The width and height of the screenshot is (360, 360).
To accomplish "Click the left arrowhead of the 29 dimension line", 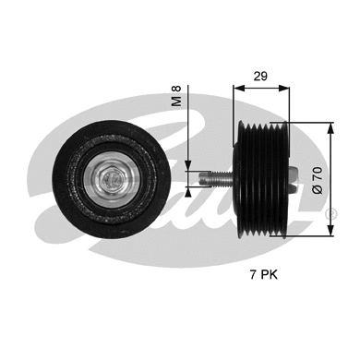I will click(235, 89).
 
